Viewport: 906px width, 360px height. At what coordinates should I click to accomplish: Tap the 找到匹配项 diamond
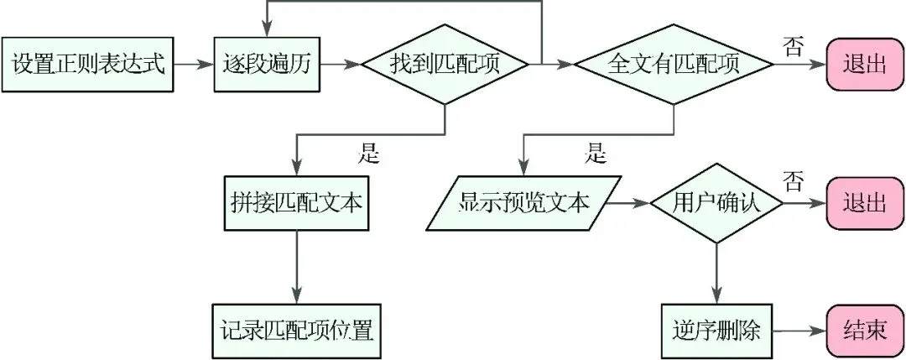tap(444, 65)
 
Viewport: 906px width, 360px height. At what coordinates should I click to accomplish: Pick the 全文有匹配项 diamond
tap(674, 65)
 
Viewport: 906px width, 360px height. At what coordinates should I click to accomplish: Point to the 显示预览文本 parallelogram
tap(524, 203)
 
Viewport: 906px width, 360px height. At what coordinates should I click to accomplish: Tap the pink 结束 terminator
tap(865, 330)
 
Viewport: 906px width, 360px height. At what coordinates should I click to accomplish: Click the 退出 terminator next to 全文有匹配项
tap(865, 65)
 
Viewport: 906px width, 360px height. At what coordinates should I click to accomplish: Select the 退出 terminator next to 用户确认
tap(865, 203)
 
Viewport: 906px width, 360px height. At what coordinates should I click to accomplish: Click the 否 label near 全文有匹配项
tap(792, 46)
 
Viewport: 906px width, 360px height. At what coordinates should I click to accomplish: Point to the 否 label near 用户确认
tap(792, 180)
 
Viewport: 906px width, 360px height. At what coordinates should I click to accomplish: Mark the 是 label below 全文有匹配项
tap(596, 153)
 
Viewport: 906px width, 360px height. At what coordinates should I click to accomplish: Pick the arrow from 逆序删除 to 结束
tap(798, 330)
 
